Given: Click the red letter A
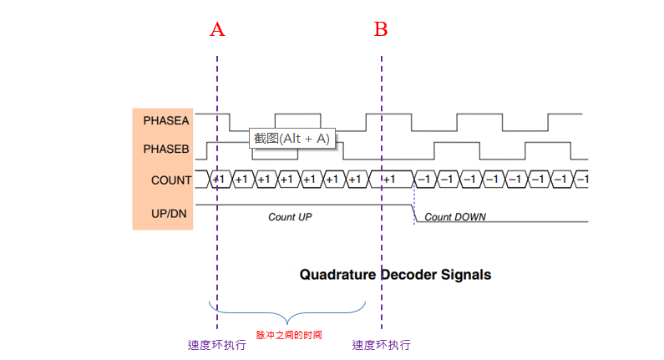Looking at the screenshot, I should [217, 30].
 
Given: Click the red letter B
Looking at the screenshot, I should [381, 30].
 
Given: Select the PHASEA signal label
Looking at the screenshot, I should [166, 120].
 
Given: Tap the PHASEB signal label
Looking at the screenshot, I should [166, 150].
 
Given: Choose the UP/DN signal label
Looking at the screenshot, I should [169, 214].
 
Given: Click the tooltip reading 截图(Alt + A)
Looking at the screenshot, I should [292, 139].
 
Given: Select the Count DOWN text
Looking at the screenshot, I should [455, 217].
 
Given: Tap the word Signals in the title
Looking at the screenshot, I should [469, 274].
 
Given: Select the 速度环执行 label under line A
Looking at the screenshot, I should [216, 345].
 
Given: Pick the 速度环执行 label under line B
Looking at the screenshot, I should [381, 345].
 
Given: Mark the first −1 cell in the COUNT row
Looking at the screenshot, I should [424, 180].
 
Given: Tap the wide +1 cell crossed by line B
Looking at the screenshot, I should [389, 180].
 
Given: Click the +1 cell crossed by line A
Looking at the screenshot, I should [219, 180].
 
